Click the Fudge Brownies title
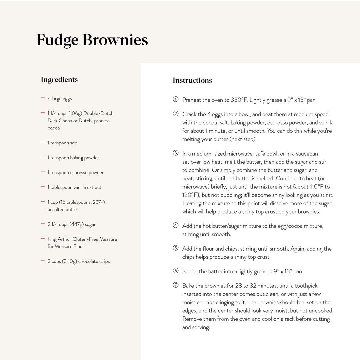click(x=92, y=40)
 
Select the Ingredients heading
click(x=59, y=79)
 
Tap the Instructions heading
click(x=192, y=80)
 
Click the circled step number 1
click(x=176, y=100)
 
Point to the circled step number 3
click(x=176, y=153)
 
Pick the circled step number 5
click(x=176, y=248)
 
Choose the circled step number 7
click(x=176, y=285)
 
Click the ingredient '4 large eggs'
click(x=60, y=99)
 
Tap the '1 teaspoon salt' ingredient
click(x=62, y=143)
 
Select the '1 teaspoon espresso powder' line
click(x=76, y=172)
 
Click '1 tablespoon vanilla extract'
click(x=74, y=187)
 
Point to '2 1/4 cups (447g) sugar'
click(x=72, y=224)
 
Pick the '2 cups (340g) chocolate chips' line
click(x=79, y=261)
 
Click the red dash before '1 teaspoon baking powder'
click(x=43, y=157)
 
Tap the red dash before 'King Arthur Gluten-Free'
click(x=43, y=239)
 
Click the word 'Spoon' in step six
click(x=190, y=271)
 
